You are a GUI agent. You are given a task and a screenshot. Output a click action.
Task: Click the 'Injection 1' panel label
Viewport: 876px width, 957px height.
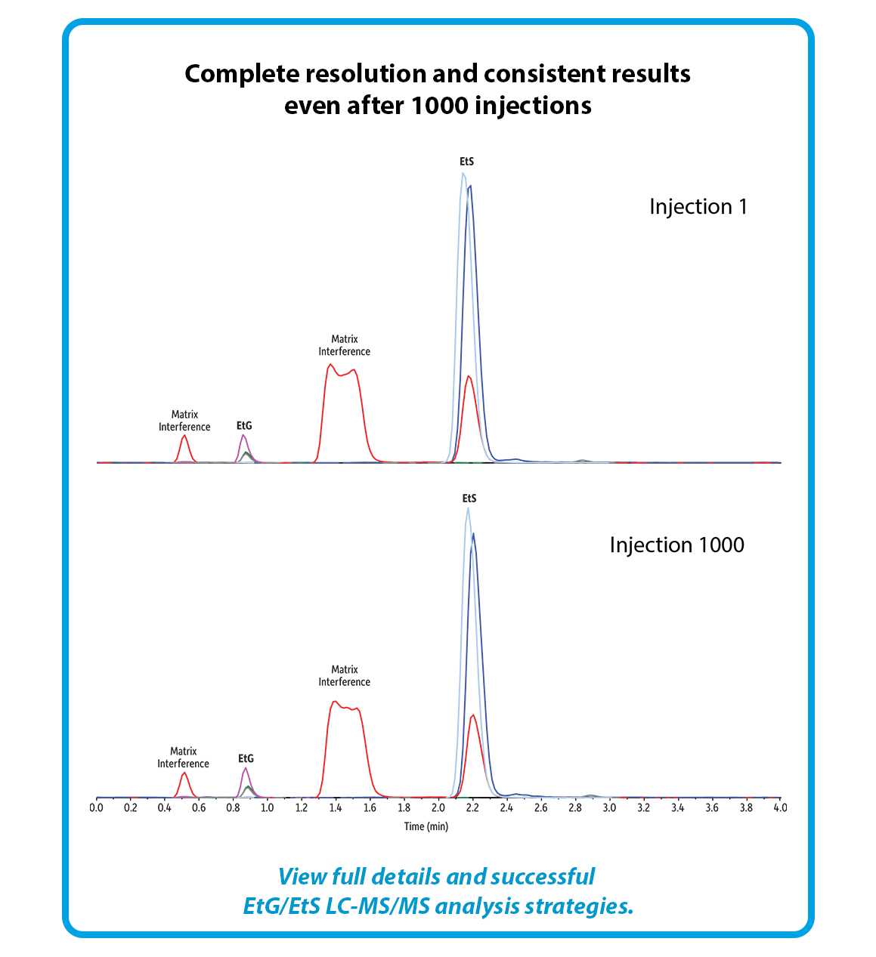(698, 207)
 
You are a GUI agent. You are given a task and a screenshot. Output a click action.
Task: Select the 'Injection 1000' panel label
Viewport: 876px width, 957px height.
(676, 545)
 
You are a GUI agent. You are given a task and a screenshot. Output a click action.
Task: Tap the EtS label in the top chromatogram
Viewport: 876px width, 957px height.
(466, 162)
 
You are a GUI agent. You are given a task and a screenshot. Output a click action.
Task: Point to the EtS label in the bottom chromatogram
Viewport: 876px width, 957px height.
(469, 499)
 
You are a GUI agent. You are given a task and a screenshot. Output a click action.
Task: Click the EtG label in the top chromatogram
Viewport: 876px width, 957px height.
(244, 426)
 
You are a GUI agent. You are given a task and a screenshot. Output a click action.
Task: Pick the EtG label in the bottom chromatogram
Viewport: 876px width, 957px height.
(246, 758)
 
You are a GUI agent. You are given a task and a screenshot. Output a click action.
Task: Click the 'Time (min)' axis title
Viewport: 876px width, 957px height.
(426, 826)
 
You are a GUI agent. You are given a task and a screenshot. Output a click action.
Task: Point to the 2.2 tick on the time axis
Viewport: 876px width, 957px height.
(472, 807)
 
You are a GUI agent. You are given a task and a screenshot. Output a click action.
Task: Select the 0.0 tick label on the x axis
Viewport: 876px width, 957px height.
(97, 807)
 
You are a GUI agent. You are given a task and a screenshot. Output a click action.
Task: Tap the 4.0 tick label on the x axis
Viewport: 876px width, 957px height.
(780, 807)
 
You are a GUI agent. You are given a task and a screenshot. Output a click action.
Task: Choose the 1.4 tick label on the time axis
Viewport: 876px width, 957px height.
(336, 807)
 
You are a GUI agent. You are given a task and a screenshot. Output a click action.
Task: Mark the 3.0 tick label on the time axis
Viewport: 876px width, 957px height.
(609, 807)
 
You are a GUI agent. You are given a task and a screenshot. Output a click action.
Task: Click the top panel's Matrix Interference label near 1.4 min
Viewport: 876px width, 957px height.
(344, 345)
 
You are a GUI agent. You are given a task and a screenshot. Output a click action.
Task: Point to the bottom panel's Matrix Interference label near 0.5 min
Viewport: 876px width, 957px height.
(183, 758)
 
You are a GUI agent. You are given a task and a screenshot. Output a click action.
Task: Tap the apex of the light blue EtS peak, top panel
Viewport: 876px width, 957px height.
(463, 174)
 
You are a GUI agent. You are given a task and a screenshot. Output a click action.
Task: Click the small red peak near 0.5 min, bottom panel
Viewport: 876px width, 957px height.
(184, 773)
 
